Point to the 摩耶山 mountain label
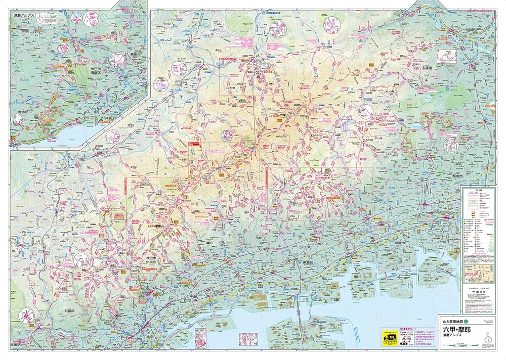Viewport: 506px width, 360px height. coord(160,226)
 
